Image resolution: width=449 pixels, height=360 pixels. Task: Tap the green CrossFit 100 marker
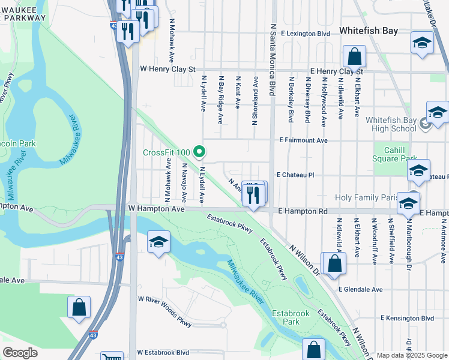[x=202, y=152]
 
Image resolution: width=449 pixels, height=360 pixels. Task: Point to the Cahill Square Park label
[x=394, y=154]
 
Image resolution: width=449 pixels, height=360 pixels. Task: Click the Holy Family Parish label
[x=368, y=197]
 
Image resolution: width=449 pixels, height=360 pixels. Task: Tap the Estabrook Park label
[x=291, y=317]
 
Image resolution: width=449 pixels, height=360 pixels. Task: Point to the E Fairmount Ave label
[x=303, y=140]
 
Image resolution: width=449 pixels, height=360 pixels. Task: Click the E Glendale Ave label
[x=360, y=289]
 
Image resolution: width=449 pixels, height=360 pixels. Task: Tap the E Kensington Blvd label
[x=407, y=318]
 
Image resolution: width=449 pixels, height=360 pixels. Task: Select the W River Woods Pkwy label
[x=164, y=311]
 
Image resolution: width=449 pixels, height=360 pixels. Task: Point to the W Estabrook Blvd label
[x=163, y=353]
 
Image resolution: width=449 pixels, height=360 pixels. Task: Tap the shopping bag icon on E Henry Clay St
[x=355, y=57]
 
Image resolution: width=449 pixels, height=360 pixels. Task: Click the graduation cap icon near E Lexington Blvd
[x=423, y=43]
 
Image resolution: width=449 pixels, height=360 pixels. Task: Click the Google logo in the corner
[x=20, y=353]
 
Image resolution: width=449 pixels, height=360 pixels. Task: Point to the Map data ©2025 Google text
[x=412, y=355]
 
